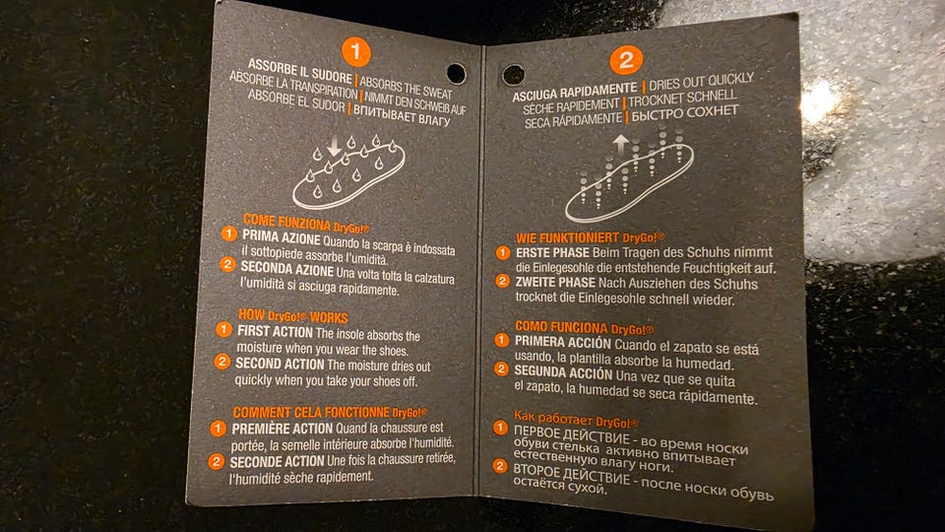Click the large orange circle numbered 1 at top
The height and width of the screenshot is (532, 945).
tap(355, 52)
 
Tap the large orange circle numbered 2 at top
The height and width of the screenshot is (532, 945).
tap(626, 60)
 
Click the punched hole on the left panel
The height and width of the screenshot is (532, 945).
tap(456, 74)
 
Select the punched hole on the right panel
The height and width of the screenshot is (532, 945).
tap(514, 76)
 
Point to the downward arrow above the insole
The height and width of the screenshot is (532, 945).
tap(334, 147)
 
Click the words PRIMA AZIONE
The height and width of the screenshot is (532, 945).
tap(282, 237)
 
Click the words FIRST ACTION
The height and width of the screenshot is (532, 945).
tap(275, 331)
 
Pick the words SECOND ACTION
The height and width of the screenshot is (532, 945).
tap(280, 364)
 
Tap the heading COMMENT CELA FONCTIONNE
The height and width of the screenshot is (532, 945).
tap(311, 413)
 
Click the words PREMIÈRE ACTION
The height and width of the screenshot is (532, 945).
tap(283, 429)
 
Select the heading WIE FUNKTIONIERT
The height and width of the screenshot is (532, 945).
tap(568, 238)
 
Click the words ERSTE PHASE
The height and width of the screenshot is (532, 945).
tap(552, 253)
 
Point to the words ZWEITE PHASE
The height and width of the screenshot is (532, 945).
tap(555, 282)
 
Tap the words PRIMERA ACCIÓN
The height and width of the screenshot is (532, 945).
tap(563, 342)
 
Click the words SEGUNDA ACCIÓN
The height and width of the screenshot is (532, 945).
tap(563, 372)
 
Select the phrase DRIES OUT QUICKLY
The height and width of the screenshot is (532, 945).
tap(701, 81)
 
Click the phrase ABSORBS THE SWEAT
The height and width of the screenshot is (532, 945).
tap(406, 88)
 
